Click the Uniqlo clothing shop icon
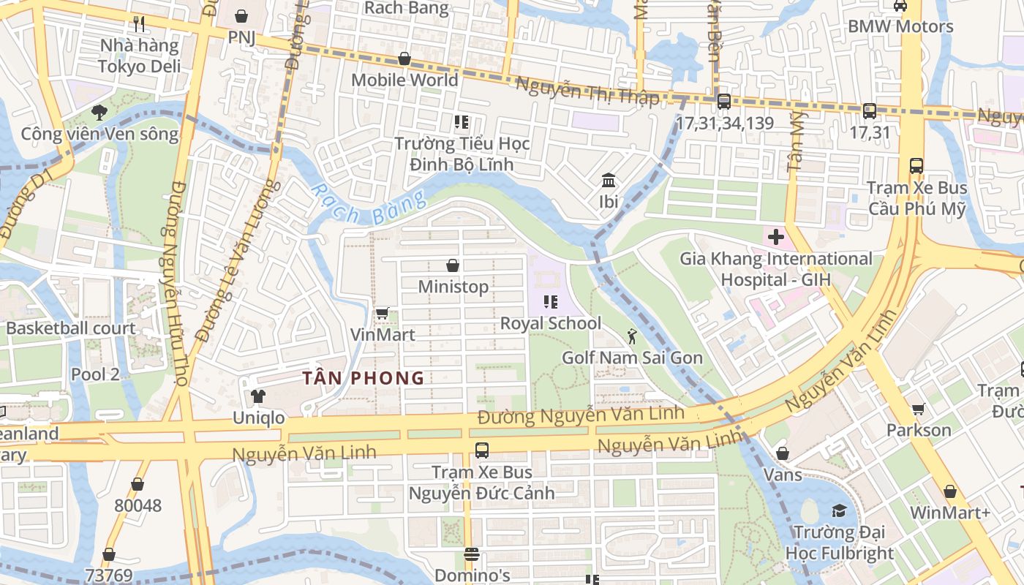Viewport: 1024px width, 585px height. [x=257, y=396]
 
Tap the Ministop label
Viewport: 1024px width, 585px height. [x=453, y=287]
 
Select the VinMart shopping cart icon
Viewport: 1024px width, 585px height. [x=381, y=314]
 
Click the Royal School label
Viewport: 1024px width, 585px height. [x=550, y=323]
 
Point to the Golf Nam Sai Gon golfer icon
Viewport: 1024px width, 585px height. [x=632, y=336]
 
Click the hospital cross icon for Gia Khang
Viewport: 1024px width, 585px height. [x=775, y=237]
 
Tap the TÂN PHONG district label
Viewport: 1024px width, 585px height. [x=364, y=378]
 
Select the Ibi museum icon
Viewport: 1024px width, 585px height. [x=608, y=180]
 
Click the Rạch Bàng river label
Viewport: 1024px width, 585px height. [x=368, y=205]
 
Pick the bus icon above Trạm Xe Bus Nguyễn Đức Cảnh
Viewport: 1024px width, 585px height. [x=481, y=450]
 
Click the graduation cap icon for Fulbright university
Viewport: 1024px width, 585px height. [x=839, y=510]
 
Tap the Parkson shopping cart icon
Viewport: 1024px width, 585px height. [x=918, y=409]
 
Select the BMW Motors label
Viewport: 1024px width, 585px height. [x=900, y=26]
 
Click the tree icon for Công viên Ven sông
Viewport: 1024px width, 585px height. [x=99, y=113]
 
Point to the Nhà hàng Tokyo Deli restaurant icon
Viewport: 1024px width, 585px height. [x=139, y=24]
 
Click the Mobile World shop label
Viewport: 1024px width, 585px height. [x=404, y=80]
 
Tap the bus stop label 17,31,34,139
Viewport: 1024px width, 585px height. [x=724, y=123]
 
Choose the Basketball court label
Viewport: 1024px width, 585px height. [x=70, y=328]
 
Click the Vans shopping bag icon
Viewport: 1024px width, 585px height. [x=782, y=454]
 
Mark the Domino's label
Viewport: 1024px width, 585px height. [x=472, y=575]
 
